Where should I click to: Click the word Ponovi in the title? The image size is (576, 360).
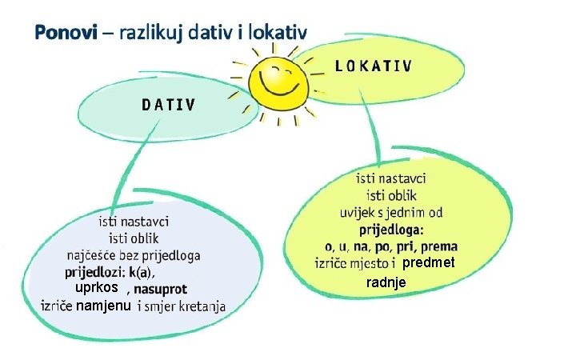65,33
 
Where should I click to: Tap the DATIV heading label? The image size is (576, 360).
170,103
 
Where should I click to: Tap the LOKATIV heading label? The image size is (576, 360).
374,66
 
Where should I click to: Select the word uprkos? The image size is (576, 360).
96,288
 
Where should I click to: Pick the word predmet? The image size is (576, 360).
428,263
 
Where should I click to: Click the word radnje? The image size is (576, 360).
386,283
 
